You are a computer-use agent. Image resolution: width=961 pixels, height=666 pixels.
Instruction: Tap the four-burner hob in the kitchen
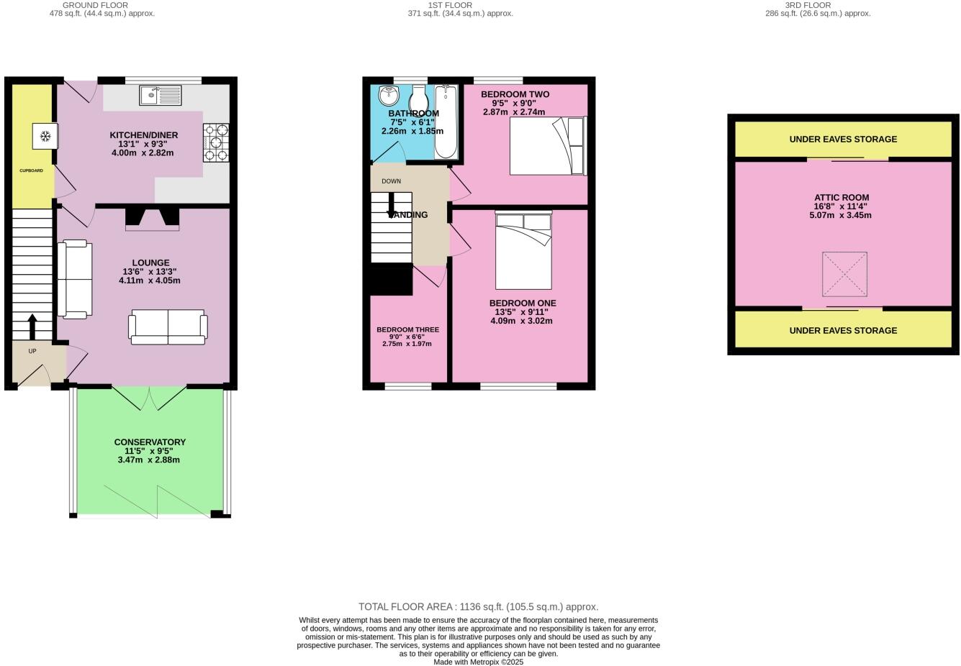pos(216,142)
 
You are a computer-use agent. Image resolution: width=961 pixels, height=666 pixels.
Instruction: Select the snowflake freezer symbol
pos(45,136)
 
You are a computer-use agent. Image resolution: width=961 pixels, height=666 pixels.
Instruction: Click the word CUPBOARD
pos(31,170)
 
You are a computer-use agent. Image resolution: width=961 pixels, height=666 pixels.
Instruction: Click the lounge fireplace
pos(152,219)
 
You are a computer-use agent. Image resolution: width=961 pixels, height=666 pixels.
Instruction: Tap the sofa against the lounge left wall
pos(75,279)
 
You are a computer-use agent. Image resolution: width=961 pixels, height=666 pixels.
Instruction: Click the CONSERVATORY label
pos(150,442)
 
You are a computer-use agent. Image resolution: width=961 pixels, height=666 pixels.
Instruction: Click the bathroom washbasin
pos(389,95)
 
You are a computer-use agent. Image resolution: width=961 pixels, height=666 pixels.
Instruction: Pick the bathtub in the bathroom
pos(446,121)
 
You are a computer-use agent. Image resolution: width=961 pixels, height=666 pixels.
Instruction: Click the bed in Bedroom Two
pos(548,146)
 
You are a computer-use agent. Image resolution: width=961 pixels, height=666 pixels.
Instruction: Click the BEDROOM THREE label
pos(407,329)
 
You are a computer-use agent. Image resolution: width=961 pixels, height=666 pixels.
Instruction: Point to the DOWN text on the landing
pos(391,181)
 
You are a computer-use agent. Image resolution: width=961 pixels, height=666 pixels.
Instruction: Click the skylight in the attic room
pos(844,274)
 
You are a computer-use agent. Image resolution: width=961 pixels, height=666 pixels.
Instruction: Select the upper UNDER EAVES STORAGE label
pos(843,139)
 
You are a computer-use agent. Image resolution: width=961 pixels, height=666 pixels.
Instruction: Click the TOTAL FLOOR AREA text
pos(478,607)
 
